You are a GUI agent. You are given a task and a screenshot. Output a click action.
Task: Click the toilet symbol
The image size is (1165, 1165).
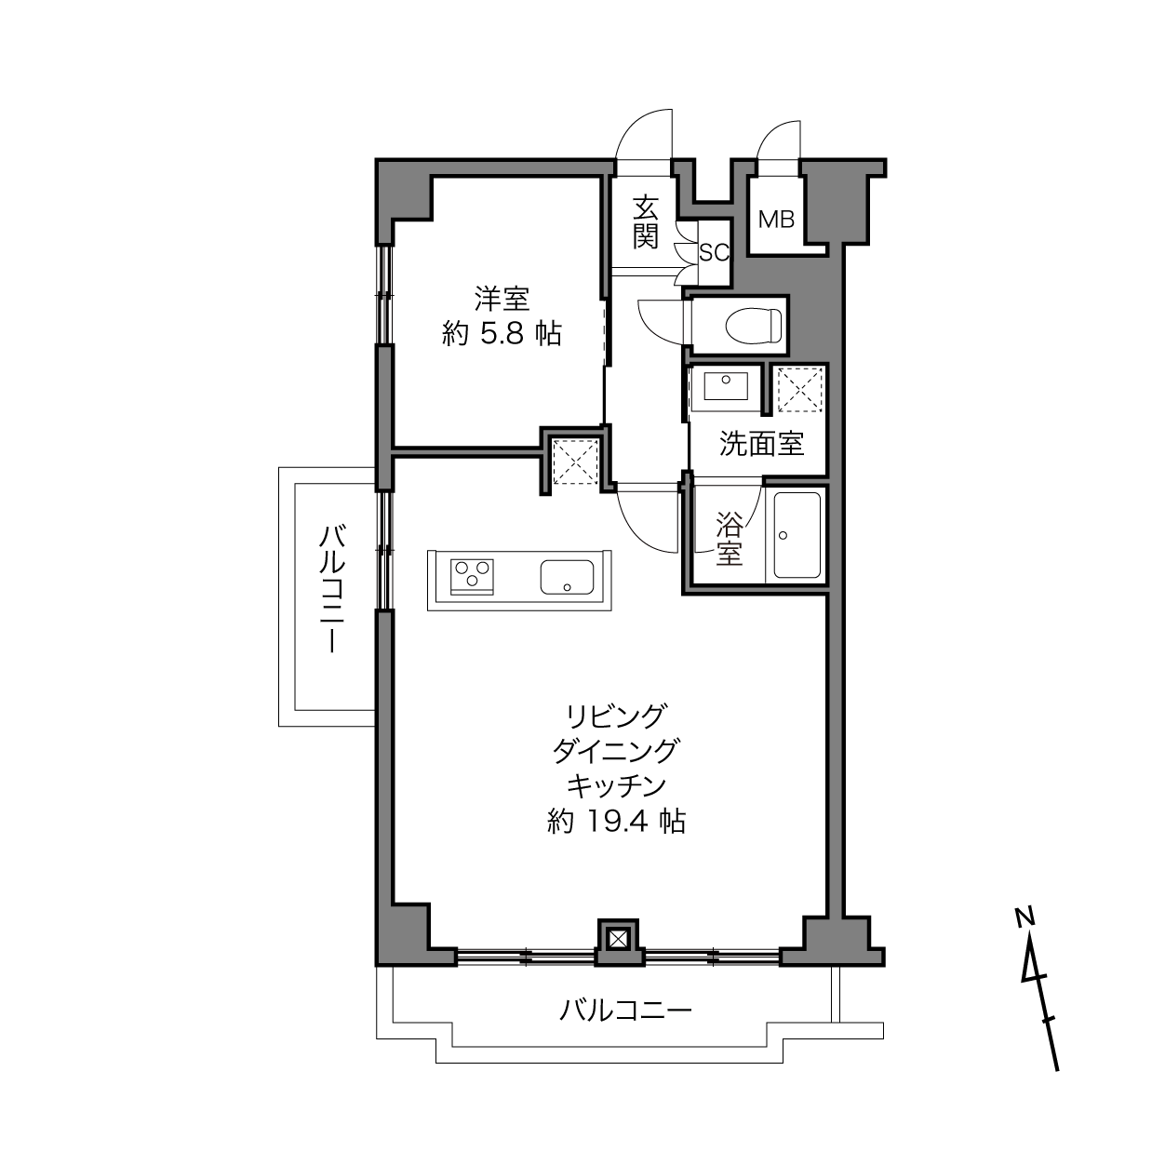754,325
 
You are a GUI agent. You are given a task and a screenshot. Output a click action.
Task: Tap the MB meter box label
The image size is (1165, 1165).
776,220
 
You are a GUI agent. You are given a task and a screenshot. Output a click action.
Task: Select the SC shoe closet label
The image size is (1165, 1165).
714,253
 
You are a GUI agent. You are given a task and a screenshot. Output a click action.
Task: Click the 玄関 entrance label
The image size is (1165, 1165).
646,222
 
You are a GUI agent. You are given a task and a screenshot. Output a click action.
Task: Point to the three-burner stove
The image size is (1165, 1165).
472,576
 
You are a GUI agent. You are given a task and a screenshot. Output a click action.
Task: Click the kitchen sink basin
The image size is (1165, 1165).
567,577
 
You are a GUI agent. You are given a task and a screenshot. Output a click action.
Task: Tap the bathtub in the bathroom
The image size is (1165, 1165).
797,534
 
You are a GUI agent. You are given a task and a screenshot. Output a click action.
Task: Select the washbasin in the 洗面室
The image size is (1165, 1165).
726,387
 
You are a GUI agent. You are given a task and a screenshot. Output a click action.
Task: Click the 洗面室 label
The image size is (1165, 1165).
761,445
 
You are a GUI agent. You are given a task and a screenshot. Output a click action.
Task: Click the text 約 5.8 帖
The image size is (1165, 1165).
502,334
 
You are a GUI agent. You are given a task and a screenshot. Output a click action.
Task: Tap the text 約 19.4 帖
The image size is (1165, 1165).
616,822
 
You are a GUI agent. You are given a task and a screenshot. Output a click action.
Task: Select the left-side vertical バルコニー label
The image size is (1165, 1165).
332,589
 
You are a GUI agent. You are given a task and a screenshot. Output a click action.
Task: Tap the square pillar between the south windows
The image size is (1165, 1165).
617,940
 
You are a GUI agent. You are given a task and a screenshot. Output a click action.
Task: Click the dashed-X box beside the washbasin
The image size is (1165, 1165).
799,390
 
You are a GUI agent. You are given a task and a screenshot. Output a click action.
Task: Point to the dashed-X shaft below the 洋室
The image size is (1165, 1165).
576,462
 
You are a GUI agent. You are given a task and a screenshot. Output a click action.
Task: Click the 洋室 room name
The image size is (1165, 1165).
502,300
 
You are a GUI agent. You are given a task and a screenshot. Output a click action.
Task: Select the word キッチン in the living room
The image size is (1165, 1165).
616,786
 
